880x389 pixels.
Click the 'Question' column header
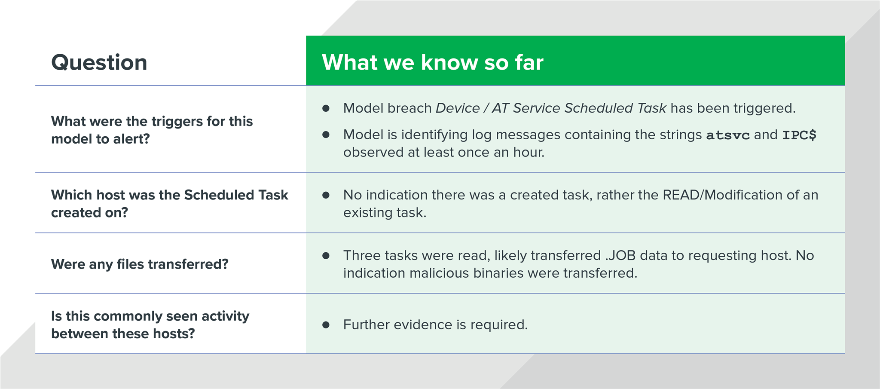click(99, 62)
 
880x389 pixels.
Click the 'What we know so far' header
click(432, 62)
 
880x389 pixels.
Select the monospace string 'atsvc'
click(727, 135)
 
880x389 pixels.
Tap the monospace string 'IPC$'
click(799, 135)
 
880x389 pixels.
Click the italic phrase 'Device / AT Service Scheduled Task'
click(551, 108)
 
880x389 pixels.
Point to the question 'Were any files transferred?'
click(140, 264)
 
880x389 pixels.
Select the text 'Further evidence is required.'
click(435, 325)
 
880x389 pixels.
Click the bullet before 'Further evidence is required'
click(326, 325)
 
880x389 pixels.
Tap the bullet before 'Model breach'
click(326, 108)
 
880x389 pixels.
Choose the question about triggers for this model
click(151, 130)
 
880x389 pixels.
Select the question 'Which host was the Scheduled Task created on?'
click(169, 203)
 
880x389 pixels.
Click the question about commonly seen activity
click(150, 325)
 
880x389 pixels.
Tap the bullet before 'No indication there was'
click(326, 195)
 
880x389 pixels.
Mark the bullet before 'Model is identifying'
click(326, 135)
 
